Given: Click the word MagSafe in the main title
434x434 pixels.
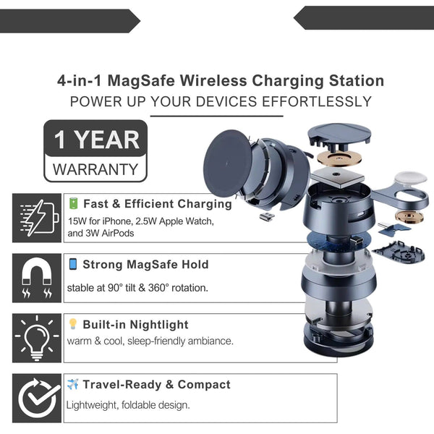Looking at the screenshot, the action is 141,81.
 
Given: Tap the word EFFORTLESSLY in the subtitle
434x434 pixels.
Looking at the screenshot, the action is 317,101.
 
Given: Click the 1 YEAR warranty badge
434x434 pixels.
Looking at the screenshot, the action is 95,151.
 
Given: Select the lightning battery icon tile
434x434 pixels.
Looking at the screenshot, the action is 37,218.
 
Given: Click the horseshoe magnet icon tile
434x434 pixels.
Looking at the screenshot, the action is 37,278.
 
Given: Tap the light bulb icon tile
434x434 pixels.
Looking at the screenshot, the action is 37,338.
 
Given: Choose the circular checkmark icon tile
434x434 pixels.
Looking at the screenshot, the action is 37,398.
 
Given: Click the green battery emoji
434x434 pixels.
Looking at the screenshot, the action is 74,203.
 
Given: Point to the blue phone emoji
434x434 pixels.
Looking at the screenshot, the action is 73,264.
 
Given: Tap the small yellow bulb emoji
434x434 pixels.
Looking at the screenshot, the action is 73,324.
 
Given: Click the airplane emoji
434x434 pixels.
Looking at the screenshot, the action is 73,384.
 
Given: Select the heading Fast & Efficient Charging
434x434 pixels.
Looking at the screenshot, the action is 158,204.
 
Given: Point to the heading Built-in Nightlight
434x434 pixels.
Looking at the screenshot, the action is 136,324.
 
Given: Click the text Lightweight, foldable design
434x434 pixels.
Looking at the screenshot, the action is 128,405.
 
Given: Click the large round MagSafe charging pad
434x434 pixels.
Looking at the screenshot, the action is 228,163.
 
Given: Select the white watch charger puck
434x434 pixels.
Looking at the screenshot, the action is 410,179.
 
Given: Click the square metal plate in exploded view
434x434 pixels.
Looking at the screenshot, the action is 337,178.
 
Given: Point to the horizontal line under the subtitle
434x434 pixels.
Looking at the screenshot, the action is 217,116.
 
